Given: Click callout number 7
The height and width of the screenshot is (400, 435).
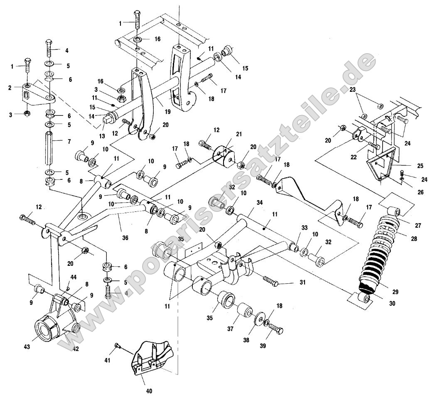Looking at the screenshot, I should point(69,142).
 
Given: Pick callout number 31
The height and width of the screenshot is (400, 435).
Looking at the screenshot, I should point(302,282).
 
